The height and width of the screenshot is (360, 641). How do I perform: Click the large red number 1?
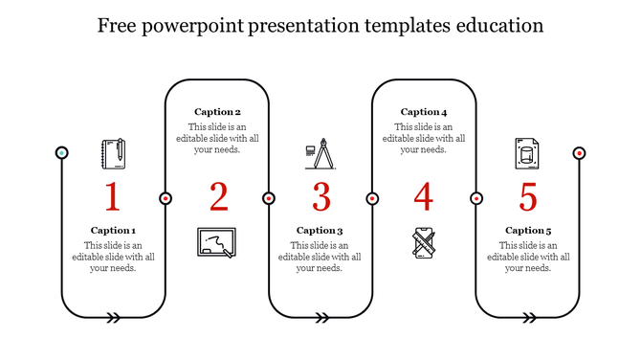tap(113, 196)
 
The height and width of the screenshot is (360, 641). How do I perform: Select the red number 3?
tap(320, 196)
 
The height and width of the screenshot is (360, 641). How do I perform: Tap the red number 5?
tap(528, 196)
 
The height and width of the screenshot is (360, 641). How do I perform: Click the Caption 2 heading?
tap(217, 112)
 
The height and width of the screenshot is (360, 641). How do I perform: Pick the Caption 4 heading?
tap(424, 112)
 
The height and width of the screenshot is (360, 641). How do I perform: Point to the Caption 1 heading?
tap(113, 230)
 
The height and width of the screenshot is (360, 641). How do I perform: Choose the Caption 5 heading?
tap(528, 230)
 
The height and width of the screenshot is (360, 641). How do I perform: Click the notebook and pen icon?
tap(114, 153)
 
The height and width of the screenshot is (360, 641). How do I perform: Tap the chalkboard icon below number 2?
tap(216, 242)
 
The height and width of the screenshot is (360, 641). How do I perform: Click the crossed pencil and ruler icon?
tap(424, 242)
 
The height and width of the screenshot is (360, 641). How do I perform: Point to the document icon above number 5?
tap(526, 152)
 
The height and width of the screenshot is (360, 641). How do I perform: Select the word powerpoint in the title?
tap(195, 24)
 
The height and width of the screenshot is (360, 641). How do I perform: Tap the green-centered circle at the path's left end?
tap(62, 153)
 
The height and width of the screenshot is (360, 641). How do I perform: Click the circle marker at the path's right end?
tap(579, 153)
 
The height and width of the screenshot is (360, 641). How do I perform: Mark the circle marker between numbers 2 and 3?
tap(269, 198)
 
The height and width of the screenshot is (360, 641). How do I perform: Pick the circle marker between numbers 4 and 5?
tap(475, 198)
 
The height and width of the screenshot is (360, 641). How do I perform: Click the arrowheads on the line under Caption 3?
tap(321, 317)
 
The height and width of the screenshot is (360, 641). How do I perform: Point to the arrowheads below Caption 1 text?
tap(114, 317)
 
